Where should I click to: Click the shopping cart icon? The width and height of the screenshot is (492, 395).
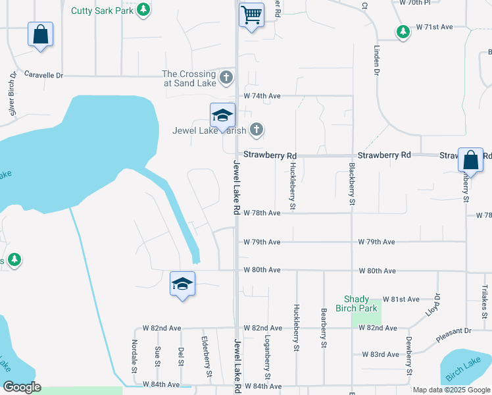coord(251,14)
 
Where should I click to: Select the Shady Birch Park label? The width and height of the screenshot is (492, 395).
coord(360,303)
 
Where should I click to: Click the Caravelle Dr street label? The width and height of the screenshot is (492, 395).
coord(43,75)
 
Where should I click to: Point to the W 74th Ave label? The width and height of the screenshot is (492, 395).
coord(262,96)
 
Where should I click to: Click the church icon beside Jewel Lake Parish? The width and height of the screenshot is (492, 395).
coord(257,130)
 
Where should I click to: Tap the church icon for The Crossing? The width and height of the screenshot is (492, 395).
coord(226,78)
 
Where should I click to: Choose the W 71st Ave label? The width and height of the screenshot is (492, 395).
coord(435,28)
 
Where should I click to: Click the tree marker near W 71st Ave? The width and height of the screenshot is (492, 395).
coord(403,31)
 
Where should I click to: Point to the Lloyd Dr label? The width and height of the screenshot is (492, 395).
coord(432,304)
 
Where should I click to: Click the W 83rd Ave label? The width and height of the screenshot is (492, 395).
coord(380,354)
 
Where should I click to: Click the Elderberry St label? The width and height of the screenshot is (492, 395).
coord(207,355)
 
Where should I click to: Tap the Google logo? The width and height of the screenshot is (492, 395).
coord(22,387)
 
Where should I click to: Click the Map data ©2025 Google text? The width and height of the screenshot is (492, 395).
coord(451,390)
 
